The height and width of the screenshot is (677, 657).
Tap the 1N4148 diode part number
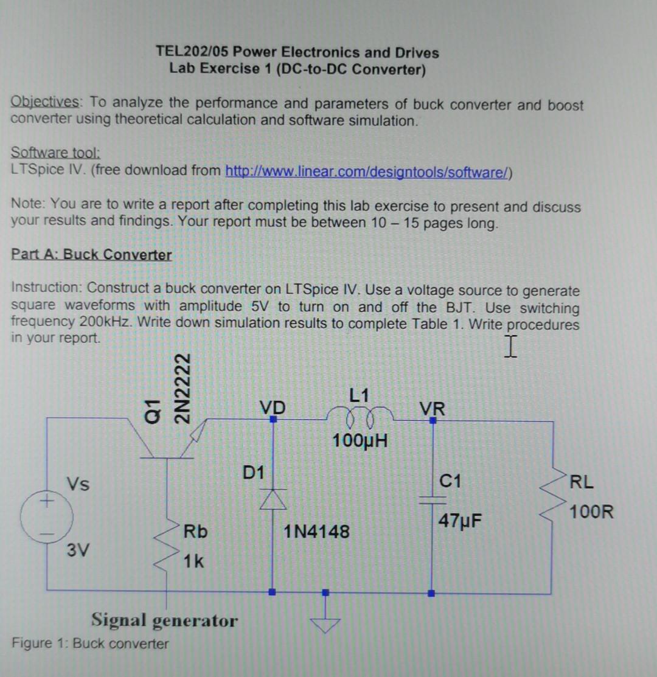click(316, 532)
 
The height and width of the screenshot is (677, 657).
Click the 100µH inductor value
click(361, 440)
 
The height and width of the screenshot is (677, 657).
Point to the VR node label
click(432, 408)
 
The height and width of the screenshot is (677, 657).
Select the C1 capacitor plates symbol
click(432, 499)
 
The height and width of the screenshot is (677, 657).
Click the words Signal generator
click(164, 620)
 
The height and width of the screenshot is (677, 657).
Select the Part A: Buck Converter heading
click(91, 254)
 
